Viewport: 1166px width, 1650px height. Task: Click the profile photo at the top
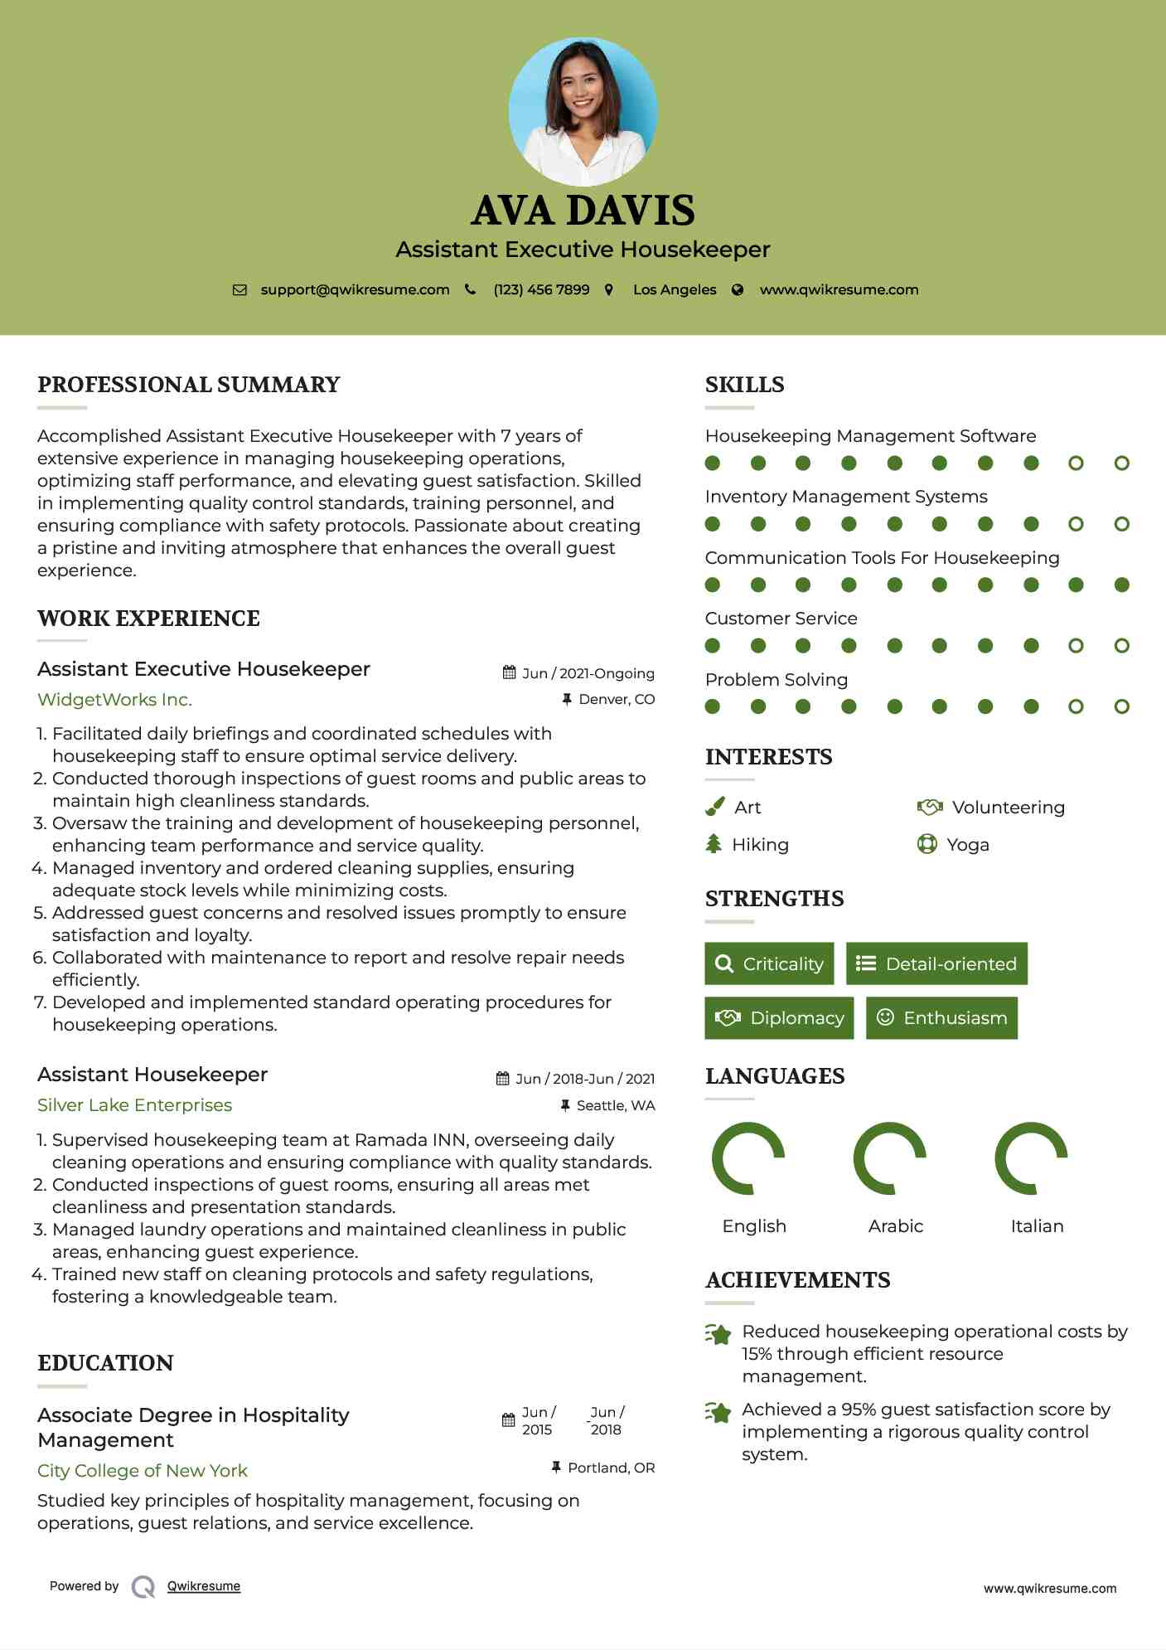coord(583,111)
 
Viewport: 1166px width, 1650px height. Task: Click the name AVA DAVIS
coord(583,211)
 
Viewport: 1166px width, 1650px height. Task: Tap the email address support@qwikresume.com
coord(355,289)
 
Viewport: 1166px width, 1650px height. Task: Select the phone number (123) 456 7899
coord(541,289)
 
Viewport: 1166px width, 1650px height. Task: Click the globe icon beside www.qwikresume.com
coord(738,289)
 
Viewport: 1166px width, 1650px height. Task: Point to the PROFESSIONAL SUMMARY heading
coord(189,385)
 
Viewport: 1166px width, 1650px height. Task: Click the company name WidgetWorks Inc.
coord(114,700)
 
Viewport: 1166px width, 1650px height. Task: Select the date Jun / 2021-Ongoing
coord(588,673)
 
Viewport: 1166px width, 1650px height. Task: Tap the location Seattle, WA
coord(615,1105)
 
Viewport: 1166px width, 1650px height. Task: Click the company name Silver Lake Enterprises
coord(134,1105)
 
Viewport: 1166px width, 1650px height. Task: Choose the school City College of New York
coord(143,1471)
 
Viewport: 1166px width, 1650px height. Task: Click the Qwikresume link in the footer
coord(204,1586)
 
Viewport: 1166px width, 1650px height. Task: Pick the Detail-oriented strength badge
coord(936,963)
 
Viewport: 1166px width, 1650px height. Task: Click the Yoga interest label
coord(967,845)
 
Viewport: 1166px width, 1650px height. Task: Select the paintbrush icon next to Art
coord(714,807)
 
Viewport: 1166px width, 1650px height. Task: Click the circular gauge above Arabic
coord(890,1158)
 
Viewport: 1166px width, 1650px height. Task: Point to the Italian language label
coord(1037,1226)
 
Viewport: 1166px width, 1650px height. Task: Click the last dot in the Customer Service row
coord(1121,646)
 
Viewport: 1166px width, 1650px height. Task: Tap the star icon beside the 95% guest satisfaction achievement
coord(718,1412)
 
